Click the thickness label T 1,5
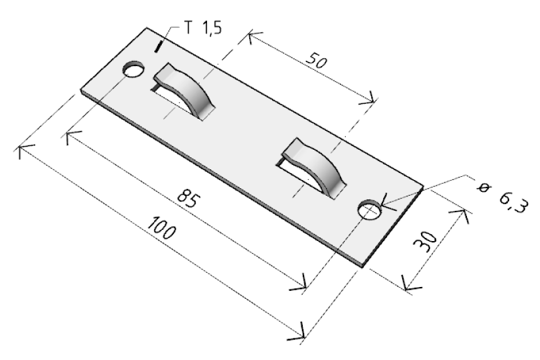click(x=203, y=27)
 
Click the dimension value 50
click(x=316, y=60)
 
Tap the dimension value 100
click(x=161, y=227)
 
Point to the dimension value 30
click(x=425, y=240)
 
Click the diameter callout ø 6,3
click(x=502, y=197)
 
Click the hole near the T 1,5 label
click(x=133, y=70)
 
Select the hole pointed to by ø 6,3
click(x=369, y=210)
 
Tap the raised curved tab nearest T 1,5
click(x=185, y=90)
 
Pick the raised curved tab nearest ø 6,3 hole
click(x=313, y=167)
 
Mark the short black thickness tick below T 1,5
click(x=158, y=47)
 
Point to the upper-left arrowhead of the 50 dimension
click(x=253, y=36)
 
